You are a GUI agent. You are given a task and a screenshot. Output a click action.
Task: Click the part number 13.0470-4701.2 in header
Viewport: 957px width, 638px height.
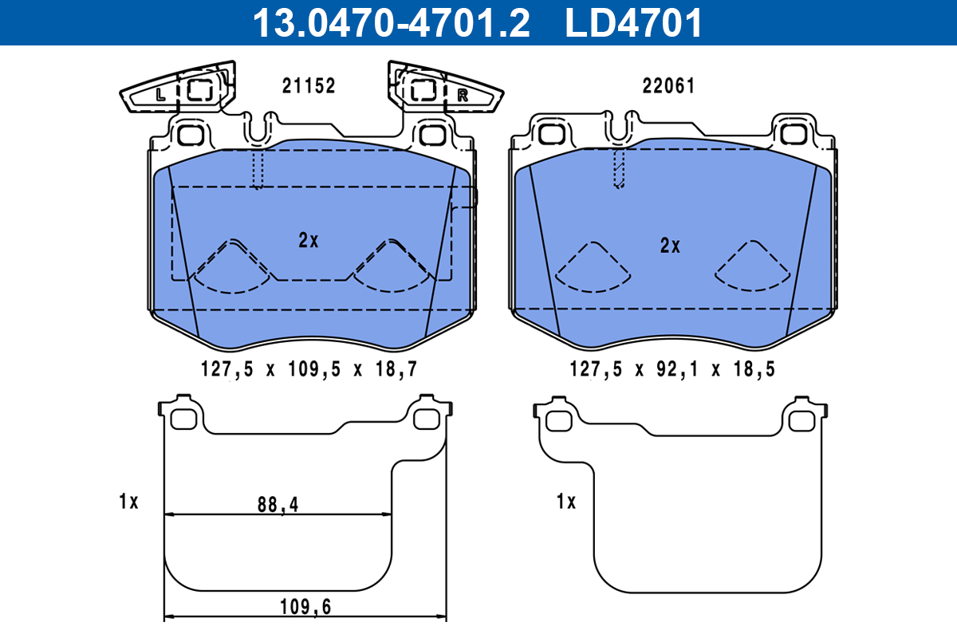[x=391, y=23]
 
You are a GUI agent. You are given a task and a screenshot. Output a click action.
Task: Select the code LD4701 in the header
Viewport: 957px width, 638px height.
[x=634, y=23]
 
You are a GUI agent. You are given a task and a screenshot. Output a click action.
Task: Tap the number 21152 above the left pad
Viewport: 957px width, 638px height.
[x=309, y=86]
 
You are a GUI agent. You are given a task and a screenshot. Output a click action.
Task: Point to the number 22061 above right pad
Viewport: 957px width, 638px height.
[x=668, y=86]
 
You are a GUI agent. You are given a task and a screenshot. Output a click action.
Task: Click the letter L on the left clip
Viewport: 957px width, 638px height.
[x=161, y=94]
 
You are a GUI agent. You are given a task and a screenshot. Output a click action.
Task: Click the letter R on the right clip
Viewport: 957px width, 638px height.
[x=462, y=95]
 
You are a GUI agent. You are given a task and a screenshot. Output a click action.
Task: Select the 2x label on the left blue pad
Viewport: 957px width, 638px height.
[x=309, y=240]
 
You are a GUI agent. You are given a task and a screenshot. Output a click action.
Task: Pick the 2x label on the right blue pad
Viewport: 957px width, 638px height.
[x=670, y=246]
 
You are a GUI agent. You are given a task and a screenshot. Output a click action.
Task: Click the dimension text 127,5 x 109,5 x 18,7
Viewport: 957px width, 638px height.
[x=308, y=368]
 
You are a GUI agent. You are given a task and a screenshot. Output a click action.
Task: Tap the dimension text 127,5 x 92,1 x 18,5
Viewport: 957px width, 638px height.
[x=672, y=368]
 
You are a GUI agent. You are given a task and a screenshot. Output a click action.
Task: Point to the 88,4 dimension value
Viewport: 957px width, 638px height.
[x=274, y=504]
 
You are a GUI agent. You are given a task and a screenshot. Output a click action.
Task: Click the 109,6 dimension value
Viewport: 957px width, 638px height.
[x=305, y=607]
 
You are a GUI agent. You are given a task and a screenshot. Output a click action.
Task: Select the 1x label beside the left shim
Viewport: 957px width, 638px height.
[x=128, y=502]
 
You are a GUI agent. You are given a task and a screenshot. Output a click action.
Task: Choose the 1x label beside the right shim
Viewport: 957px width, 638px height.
[x=565, y=502]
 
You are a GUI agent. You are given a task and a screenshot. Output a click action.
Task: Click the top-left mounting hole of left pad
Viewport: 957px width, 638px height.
[x=189, y=134]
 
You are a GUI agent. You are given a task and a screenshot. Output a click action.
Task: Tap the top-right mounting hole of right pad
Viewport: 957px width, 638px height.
[x=794, y=133]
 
